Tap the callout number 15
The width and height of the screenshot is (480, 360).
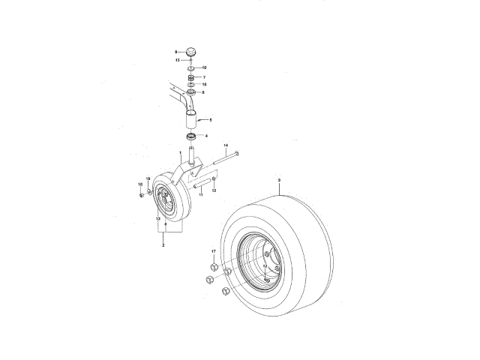(x=177, y=60)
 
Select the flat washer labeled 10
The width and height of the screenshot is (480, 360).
(x=191, y=68)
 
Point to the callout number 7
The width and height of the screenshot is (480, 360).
(x=204, y=77)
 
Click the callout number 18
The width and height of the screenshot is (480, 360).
(x=204, y=85)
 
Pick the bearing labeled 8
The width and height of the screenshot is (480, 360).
(x=191, y=93)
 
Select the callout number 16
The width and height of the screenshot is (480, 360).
(x=139, y=184)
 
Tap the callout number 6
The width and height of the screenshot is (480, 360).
(x=165, y=224)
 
